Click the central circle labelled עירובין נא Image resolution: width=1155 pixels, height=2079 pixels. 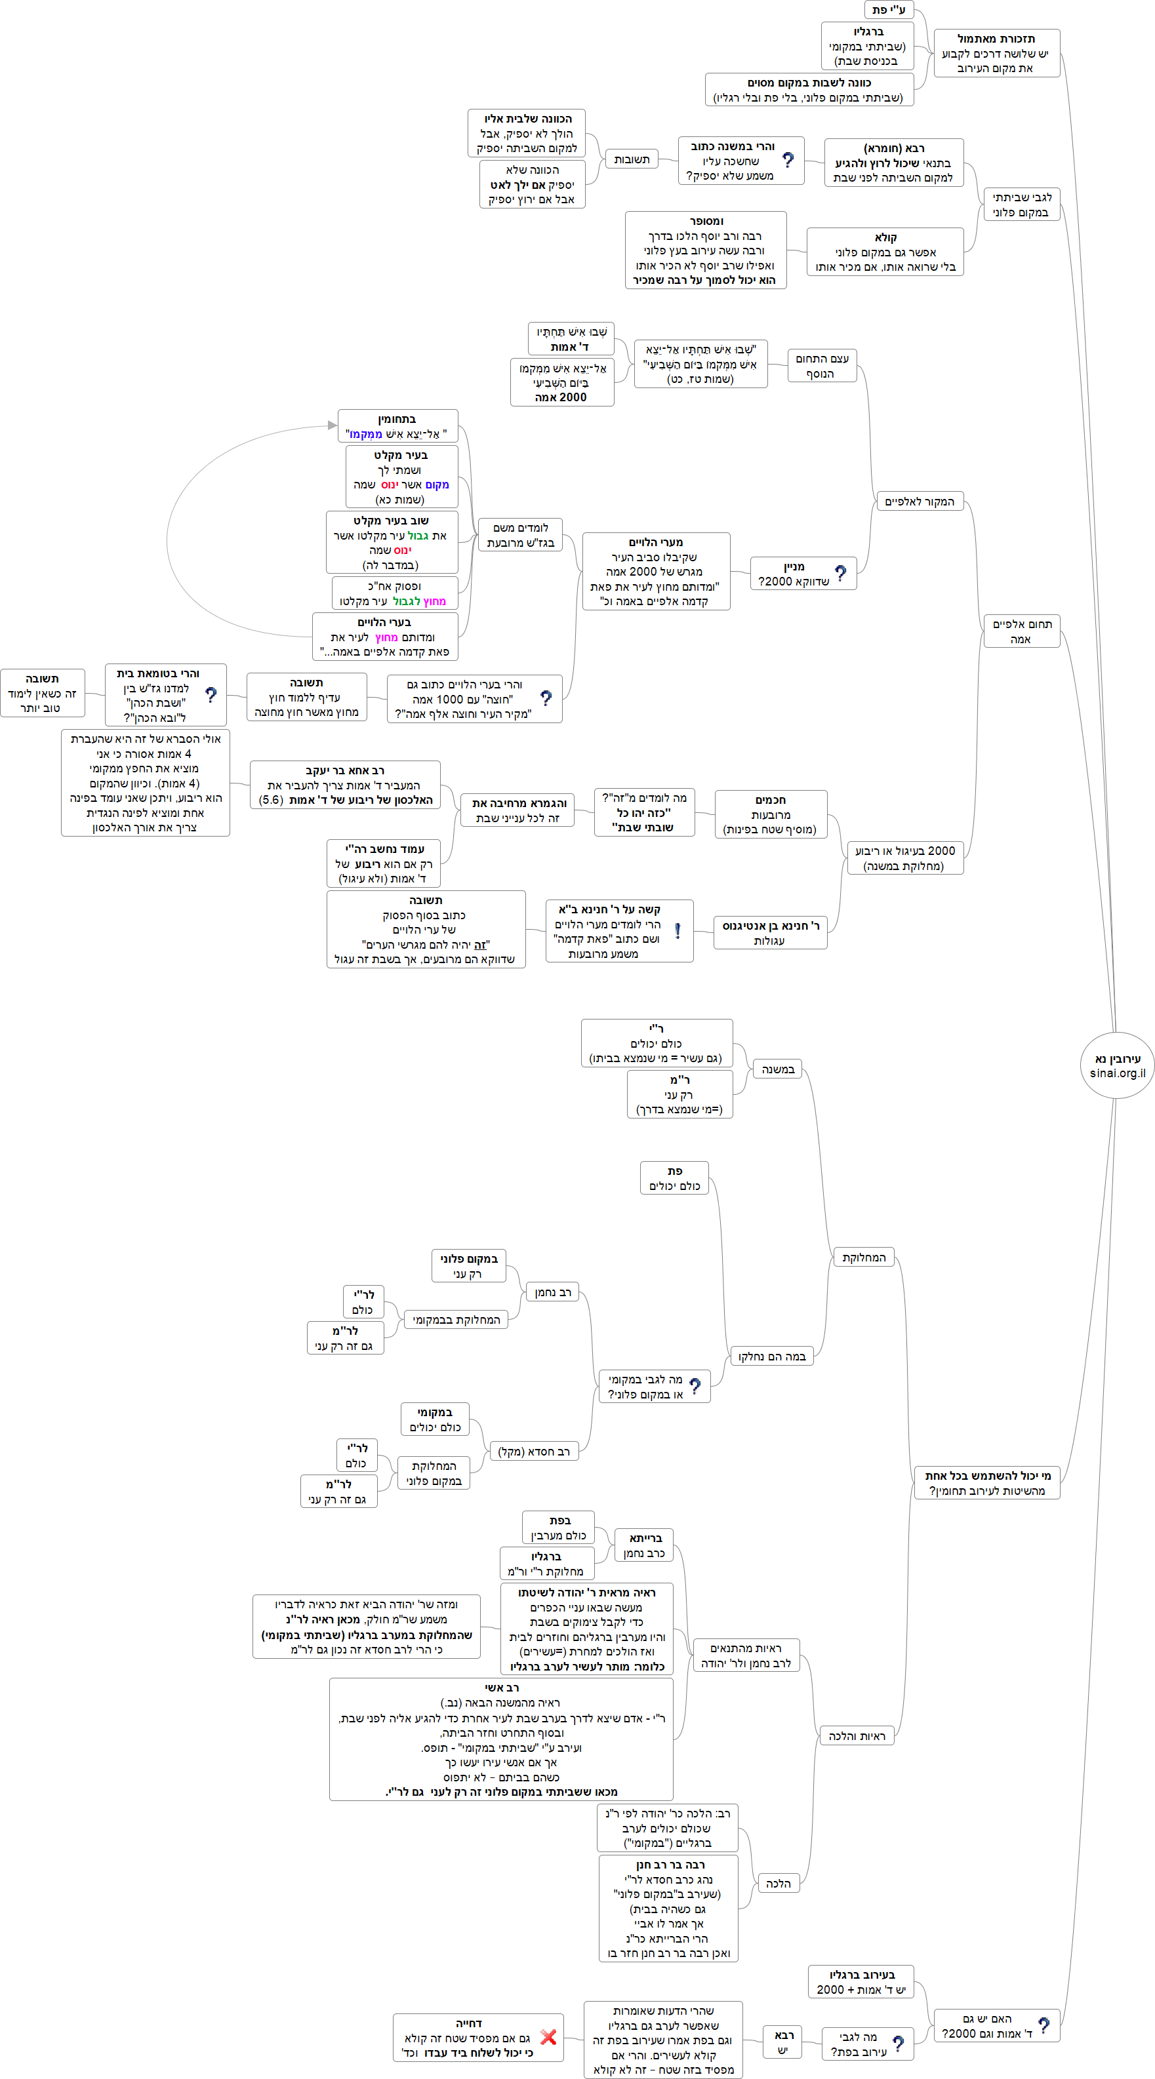click(x=1116, y=1065)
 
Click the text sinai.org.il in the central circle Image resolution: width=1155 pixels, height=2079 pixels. click(x=1117, y=1073)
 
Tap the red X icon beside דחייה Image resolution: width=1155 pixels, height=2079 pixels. click(x=548, y=2036)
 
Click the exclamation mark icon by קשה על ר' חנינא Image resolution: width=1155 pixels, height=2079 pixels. click(x=677, y=930)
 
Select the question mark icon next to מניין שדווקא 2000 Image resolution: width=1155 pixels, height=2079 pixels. click(x=841, y=573)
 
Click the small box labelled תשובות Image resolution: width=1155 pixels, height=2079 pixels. click(x=631, y=160)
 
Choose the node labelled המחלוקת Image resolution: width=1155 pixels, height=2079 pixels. click(x=864, y=1257)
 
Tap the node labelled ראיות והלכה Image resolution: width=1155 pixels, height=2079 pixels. click(x=857, y=1735)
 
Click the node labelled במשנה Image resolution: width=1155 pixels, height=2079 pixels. click(x=778, y=1069)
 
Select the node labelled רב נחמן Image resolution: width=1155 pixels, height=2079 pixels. click(x=553, y=1292)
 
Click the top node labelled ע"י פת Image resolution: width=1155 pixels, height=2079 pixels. click(x=888, y=10)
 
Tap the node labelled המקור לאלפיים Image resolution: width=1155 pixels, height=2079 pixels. click(x=920, y=501)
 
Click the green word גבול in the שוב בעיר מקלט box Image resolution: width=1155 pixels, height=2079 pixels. click(x=418, y=536)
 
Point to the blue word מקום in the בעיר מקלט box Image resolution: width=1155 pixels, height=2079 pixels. click(x=437, y=485)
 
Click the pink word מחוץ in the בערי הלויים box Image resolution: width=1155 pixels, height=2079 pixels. click(x=386, y=637)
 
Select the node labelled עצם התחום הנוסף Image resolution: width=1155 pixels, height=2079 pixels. click(x=822, y=366)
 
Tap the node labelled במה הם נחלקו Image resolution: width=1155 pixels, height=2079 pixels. click(x=771, y=1356)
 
